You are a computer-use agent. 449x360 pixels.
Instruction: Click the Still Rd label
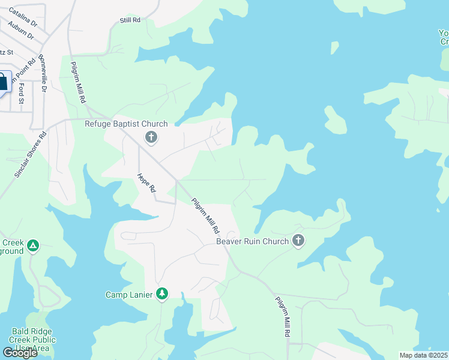pos(130,20)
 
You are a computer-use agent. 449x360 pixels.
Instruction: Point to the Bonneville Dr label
pos(43,73)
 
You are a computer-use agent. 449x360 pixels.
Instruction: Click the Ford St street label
pos(22,93)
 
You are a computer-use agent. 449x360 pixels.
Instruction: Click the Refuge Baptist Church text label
pos(125,124)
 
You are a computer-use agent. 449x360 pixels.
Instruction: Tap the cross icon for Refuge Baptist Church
pos(151,138)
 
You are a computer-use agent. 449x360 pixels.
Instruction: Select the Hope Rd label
pos(147,182)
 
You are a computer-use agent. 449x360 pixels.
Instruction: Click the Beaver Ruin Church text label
pos(252,242)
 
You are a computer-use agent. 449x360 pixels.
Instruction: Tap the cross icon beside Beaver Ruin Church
pos(298,241)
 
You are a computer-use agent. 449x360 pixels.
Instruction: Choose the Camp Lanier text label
pos(130,295)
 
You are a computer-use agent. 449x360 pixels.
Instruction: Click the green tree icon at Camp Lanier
pos(161,294)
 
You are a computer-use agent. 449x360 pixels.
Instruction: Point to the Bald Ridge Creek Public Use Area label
pos(34,340)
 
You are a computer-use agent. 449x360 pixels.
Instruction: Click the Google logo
pos(20,352)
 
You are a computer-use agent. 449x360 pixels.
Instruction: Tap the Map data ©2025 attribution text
pos(423,355)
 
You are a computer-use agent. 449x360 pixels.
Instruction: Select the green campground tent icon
pos(33,246)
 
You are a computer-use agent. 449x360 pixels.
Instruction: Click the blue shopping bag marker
pos(2,83)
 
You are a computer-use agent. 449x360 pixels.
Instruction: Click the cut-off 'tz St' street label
pos(6,52)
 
